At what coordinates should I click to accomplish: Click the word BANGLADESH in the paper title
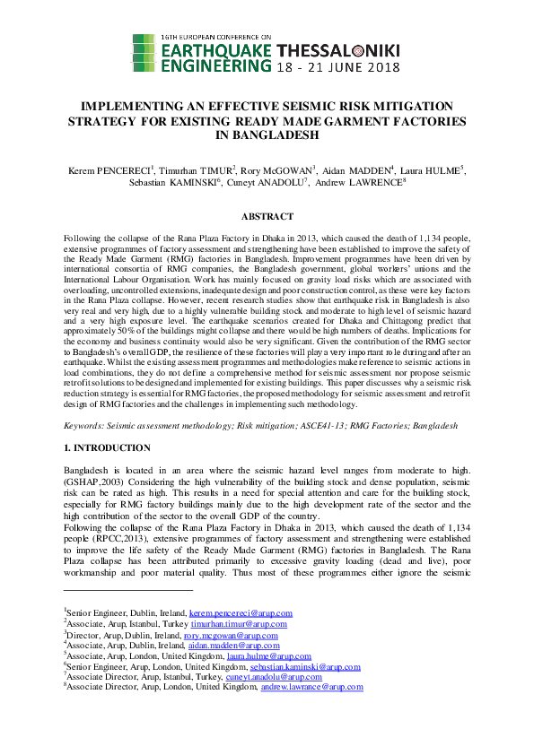[267, 135]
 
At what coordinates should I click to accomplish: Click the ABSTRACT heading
[267, 217]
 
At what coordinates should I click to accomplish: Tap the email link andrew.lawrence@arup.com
[311, 688]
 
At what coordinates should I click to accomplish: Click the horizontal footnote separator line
[128, 591]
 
